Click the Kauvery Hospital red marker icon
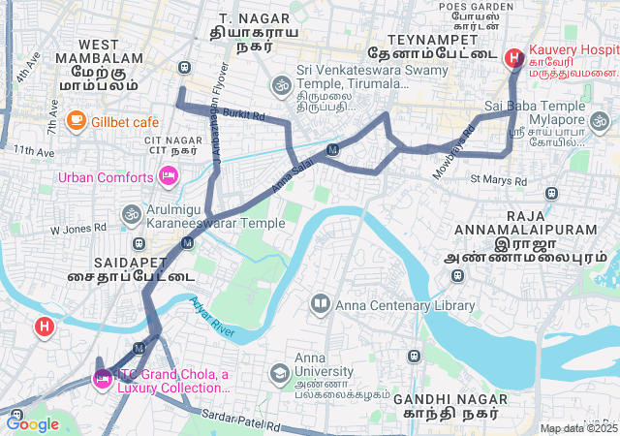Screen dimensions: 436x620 pyautogui.click(x=511, y=57)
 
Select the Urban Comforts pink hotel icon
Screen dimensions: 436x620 pyautogui.click(x=167, y=176)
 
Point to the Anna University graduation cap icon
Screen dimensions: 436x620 pyautogui.click(x=279, y=373)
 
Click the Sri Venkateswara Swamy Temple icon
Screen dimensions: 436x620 pyautogui.click(x=282, y=85)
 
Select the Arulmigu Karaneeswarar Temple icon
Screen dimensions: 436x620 pyautogui.click(x=131, y=213)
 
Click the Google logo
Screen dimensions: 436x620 pyautogui.click(x=32, y=422)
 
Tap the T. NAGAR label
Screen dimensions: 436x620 pyautogui.click(x=241, y=19)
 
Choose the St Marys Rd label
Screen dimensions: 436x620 pyautogui.click(x=498, y=180)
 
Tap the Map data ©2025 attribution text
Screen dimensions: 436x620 pyautogui.click(x=578, y=428)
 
